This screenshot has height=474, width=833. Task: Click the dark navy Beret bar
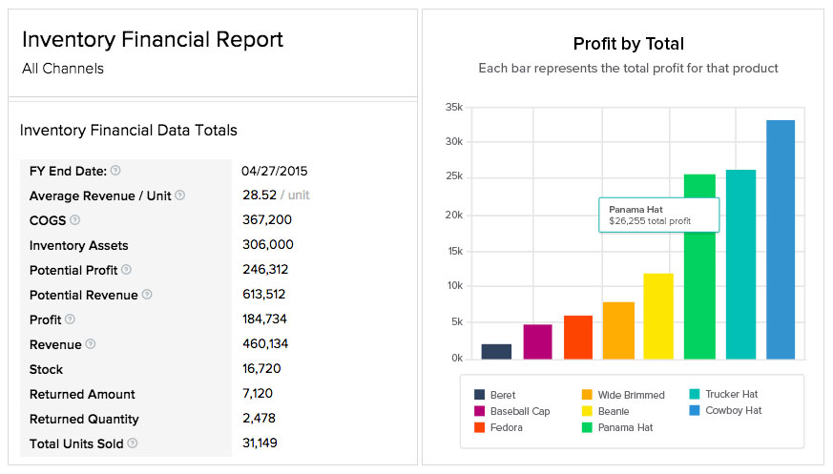496,351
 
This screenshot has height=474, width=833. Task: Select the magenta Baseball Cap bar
537,341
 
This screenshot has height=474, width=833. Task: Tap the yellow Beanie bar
658,316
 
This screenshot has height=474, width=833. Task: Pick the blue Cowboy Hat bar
780,238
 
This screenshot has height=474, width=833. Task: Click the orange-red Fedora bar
578,337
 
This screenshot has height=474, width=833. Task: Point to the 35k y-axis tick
454,107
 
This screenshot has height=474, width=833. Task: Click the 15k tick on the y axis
454,251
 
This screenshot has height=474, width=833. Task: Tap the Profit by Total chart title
628,44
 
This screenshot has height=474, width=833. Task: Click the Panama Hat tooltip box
658,215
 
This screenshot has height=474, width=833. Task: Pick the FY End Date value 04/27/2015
275,172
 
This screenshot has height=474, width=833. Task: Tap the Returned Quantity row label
84,420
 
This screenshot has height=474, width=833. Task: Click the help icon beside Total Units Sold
133,443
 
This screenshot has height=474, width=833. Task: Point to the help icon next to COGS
73,220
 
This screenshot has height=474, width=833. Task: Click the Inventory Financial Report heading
153,40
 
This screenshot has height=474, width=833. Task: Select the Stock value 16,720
261,369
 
